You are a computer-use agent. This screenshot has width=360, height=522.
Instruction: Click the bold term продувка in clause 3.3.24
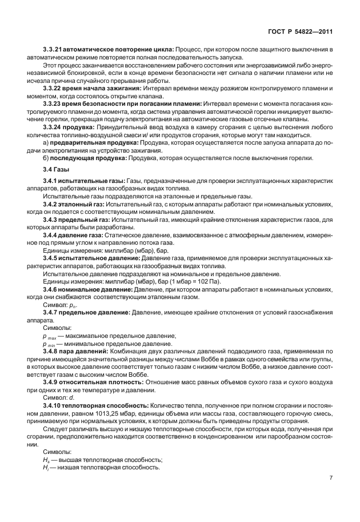coord(85,126)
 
